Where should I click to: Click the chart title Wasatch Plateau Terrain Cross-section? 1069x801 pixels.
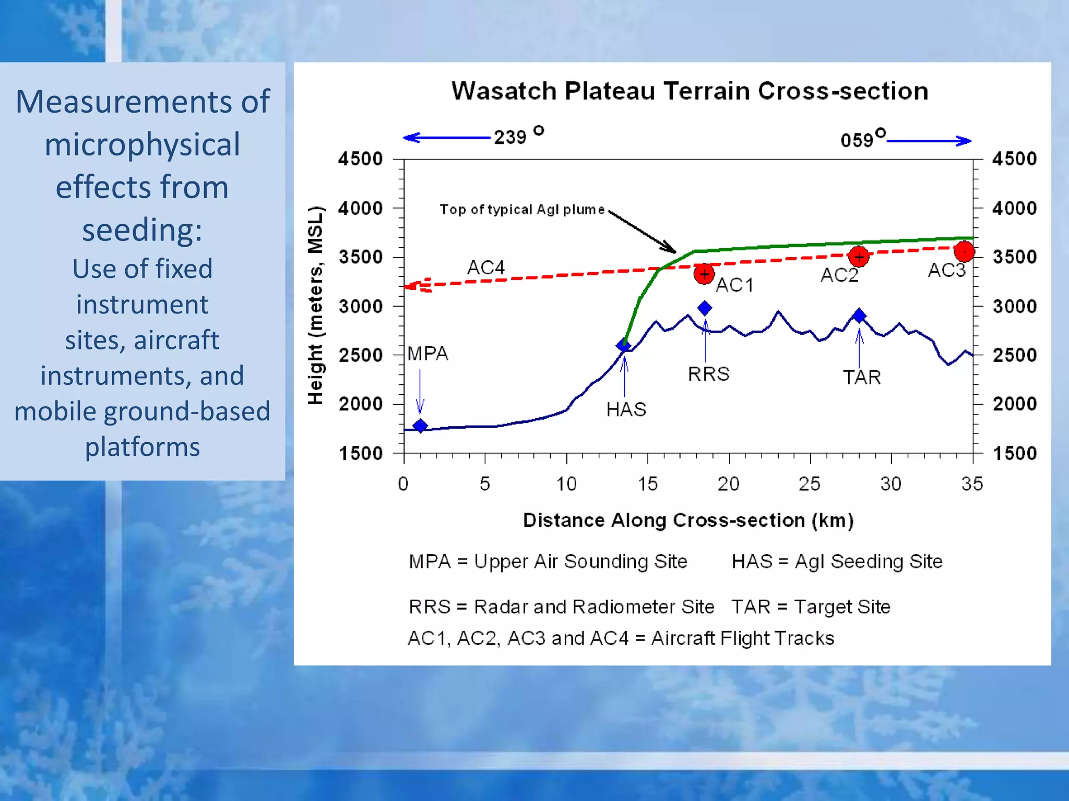[690, 91]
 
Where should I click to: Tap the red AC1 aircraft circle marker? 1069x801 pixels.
[704, 274]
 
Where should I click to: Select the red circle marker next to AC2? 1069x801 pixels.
[859, 257]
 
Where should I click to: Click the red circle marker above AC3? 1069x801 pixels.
[964, 251]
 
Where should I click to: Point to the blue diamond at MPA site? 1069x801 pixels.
[420, 426]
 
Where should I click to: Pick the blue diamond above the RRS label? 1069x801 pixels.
[705, 308]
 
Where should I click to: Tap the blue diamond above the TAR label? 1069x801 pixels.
[859, 315]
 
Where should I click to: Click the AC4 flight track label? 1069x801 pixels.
[485, 268]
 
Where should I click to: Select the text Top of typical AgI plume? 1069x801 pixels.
[522, 210]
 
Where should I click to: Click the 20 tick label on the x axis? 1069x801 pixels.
[728, 484]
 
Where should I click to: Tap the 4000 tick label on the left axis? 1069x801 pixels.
[360, 209]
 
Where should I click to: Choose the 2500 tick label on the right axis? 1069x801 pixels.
[1014, 355]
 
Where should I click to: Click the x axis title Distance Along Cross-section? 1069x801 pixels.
[688, 520]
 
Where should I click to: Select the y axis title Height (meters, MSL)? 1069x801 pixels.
[315, 306]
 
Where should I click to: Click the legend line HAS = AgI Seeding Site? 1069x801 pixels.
[837, 562]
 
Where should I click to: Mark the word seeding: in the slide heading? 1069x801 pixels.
[142, 229]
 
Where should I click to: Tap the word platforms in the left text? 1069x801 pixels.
[142, 447]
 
